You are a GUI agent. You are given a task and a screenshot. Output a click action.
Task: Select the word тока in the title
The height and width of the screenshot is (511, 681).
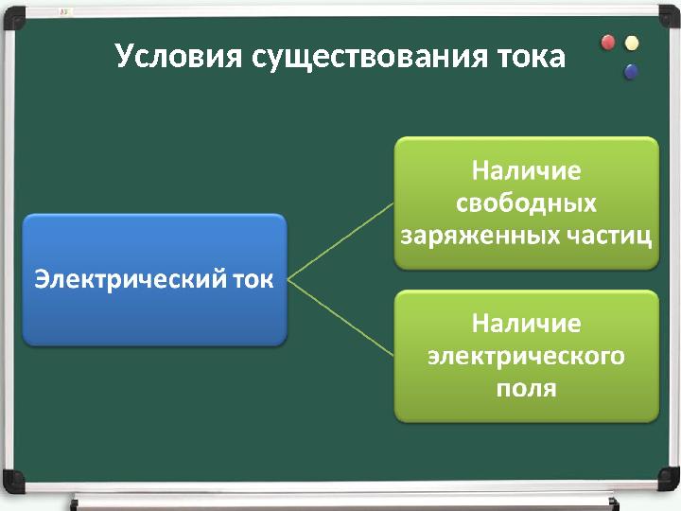[x=531, y=57]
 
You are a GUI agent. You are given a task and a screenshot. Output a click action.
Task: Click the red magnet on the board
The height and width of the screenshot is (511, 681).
[x=608, y=42]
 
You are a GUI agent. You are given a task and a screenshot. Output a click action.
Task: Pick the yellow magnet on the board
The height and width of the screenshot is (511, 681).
[x=632, y=43]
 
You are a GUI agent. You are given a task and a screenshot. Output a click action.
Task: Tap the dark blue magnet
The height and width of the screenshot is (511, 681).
[x=631, y=71]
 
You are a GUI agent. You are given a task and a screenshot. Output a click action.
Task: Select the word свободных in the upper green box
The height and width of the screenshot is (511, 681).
[x=526, y=203]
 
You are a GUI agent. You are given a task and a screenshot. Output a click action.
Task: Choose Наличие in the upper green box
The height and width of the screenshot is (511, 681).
[x=526, y=172]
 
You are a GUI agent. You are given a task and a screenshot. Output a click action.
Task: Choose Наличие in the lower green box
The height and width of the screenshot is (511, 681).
[x=526, y=324]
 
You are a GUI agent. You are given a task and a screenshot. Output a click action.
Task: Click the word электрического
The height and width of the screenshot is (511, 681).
[x=526, y=356]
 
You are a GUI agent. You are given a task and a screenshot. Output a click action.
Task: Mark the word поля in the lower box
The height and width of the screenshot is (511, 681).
[x=526, y=388]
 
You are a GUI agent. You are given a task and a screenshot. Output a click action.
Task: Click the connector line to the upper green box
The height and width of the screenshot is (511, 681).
[x=340, y=241]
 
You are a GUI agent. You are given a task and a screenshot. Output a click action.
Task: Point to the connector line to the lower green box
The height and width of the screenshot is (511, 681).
[x=340, y=318]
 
